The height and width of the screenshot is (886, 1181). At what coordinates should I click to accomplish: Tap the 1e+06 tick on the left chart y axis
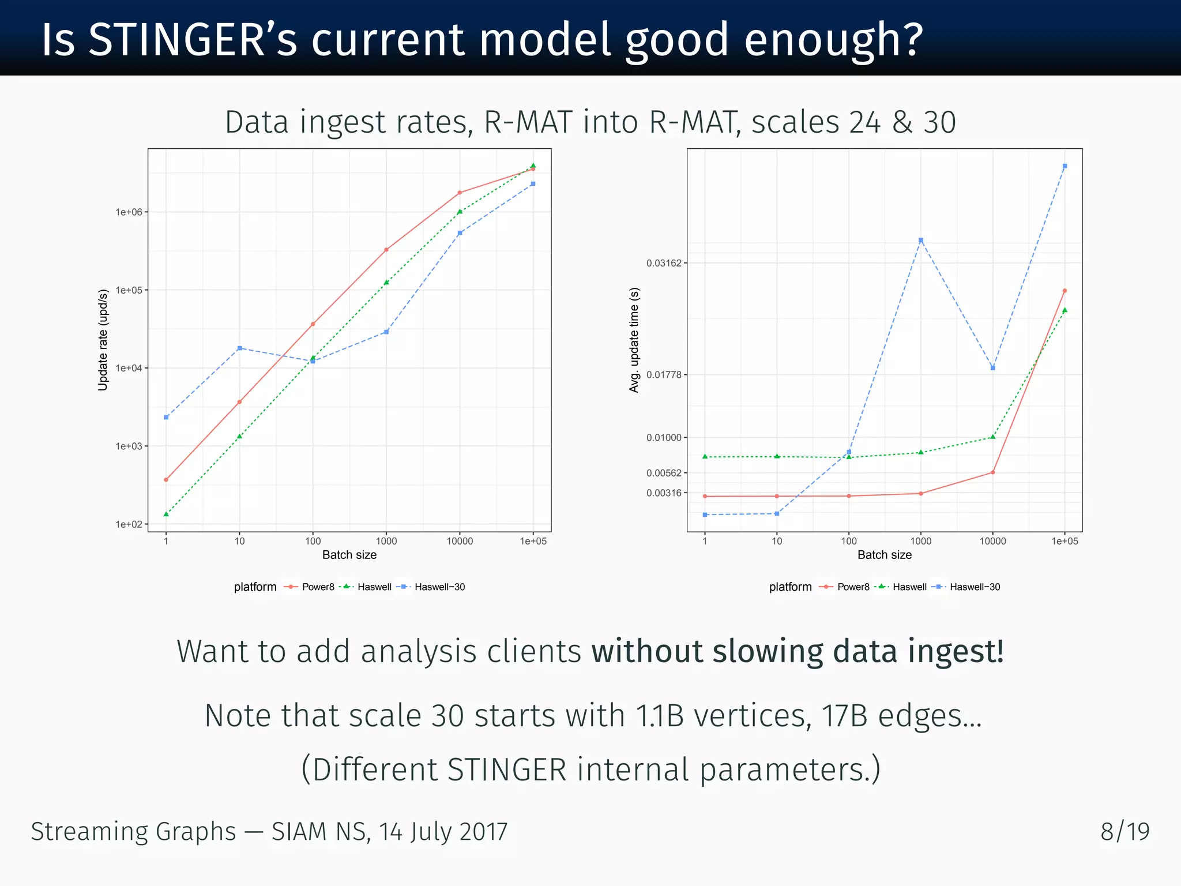point(129,212)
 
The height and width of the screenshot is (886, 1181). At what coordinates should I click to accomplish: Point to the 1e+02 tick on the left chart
point(129,524)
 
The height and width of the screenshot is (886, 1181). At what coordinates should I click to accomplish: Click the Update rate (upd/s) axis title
point(103,340)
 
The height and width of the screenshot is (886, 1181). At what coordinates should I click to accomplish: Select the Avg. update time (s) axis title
point(634,340)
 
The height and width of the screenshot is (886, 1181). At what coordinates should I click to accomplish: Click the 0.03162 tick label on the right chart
point(663,263)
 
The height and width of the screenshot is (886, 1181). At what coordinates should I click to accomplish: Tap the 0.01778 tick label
point(663,375)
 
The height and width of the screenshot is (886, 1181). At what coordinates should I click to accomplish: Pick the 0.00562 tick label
point(663,473)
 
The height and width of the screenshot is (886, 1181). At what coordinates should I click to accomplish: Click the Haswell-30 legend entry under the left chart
point(439,587)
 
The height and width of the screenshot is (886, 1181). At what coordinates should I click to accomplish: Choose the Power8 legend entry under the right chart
point(852,587)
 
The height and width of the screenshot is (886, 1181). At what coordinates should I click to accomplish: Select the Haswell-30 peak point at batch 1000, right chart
point(921,241)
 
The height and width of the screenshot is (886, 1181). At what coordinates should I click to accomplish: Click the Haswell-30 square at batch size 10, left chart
point(239,348)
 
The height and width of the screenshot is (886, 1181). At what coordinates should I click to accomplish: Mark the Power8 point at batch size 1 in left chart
point(166,480)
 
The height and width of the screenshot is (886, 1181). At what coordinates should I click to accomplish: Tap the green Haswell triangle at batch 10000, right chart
point(992,437)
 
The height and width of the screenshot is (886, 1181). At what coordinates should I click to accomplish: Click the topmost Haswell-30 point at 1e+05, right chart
point(1065,166)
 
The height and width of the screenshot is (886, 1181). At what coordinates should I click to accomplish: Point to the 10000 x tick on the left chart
point(460,541)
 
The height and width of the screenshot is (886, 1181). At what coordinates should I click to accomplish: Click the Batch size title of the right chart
point(884,555)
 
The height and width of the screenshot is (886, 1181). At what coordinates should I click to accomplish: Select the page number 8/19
point(1124,832)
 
